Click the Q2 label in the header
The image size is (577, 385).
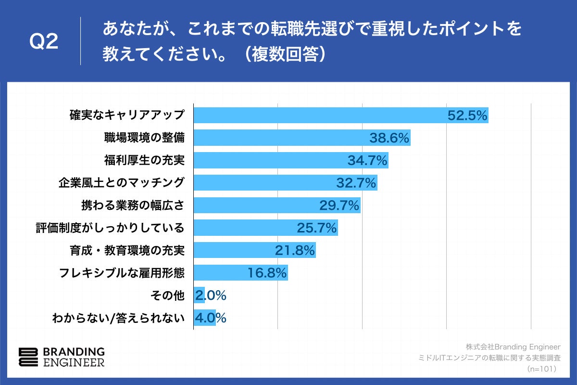tap(44, 42)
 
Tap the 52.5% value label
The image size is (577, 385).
tap(467, 115)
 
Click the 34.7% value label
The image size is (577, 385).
tap(367, 160)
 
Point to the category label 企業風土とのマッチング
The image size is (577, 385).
tap(122, 183)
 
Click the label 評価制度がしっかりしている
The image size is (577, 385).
tap(110, 228)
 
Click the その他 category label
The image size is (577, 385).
tap(167, 295)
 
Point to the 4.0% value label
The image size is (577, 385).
tap(210, 318)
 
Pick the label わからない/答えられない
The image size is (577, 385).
tap(118, 318)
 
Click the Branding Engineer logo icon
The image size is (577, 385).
tap(27, 357)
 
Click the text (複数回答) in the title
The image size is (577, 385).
tap(286, 54)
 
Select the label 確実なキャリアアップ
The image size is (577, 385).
tap(127, 115)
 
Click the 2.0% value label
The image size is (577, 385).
tap(210, 295)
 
